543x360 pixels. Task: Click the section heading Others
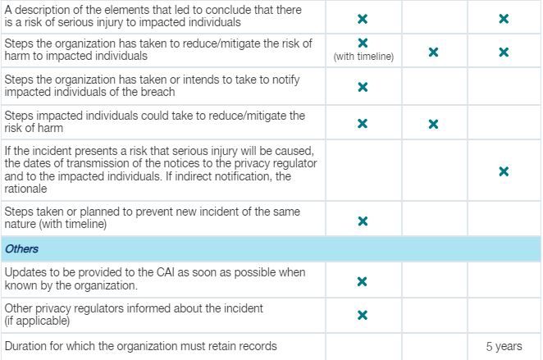coord(21,249)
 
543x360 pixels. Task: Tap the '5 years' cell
coord(504,347)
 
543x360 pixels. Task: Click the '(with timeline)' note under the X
coord(363,57)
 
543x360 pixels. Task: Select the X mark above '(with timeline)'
coord(363,43)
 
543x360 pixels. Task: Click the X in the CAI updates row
coord(363,282)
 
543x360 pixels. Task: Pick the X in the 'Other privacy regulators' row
coord(363,316)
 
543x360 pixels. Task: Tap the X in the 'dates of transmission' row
coord(504,171)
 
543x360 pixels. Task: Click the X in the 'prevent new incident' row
coord(363,221)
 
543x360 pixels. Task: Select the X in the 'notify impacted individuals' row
coord(363,87)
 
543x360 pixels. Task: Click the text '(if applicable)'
coord(37,321)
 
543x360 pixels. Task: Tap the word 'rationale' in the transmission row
coord(25,189)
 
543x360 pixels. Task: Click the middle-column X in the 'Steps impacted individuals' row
coord(433,124)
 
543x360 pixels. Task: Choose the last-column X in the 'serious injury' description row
coord(504,19)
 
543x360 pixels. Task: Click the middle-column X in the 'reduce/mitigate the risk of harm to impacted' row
coord(433,52)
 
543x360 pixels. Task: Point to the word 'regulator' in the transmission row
coord(294,163)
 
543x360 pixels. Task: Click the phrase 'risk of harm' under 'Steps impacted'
coord(34,128)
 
